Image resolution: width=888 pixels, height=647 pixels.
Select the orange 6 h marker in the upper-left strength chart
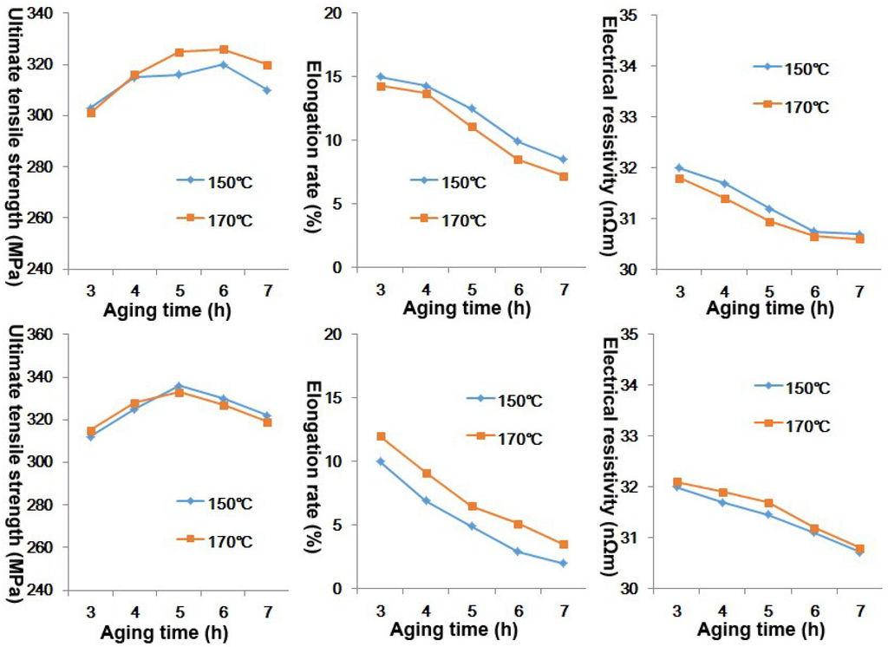tap(224, 49)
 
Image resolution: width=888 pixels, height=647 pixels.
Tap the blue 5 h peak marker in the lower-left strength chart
tap(179, 385)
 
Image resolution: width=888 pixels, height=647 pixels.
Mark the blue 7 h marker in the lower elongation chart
tap(563, 563)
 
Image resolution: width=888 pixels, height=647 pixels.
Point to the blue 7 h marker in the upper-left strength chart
tap(267, 90)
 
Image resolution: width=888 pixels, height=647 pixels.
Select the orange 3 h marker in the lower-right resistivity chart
tap(678, 482)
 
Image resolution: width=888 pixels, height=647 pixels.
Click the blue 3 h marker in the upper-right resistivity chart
tap(678, 167)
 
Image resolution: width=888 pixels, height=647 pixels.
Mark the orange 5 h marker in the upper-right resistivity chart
tap(769, 222)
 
